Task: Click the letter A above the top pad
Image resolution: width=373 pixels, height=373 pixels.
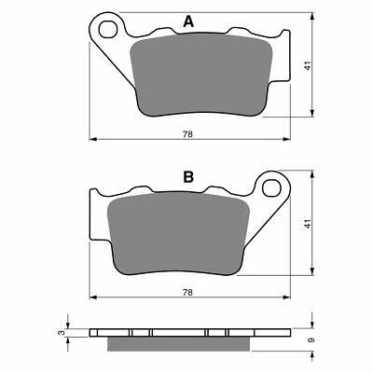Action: (x=189, y=22)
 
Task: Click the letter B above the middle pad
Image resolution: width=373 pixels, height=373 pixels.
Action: (x=189, y=174)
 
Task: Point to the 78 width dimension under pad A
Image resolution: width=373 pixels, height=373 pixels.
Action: (x=187, y=134)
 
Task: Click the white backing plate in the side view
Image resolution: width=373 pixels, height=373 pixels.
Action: (x=187, y=331)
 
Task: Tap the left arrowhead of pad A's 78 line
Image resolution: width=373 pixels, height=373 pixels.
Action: (x=92, y=140)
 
